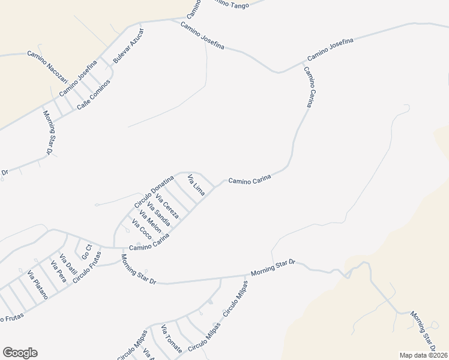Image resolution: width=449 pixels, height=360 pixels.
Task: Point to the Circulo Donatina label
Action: [154, 192]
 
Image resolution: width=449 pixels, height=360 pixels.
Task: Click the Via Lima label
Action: [196, 185]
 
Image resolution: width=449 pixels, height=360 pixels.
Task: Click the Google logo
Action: [20, 353]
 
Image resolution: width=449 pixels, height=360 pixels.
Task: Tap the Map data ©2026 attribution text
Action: [424, 355]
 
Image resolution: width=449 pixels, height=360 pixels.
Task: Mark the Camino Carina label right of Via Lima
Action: [250, 179]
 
